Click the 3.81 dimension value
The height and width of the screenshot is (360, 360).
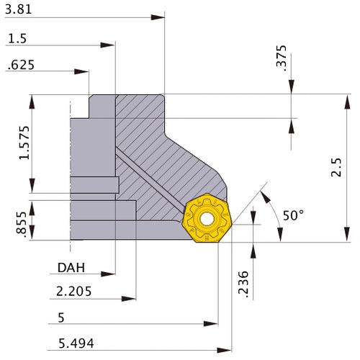pos(18,10)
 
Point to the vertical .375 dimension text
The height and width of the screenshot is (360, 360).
pos(281,58)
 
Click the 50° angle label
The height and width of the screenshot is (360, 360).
pos(293,215)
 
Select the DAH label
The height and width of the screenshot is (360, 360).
pos(71,268)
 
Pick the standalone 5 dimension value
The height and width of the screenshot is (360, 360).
pos(60,317)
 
